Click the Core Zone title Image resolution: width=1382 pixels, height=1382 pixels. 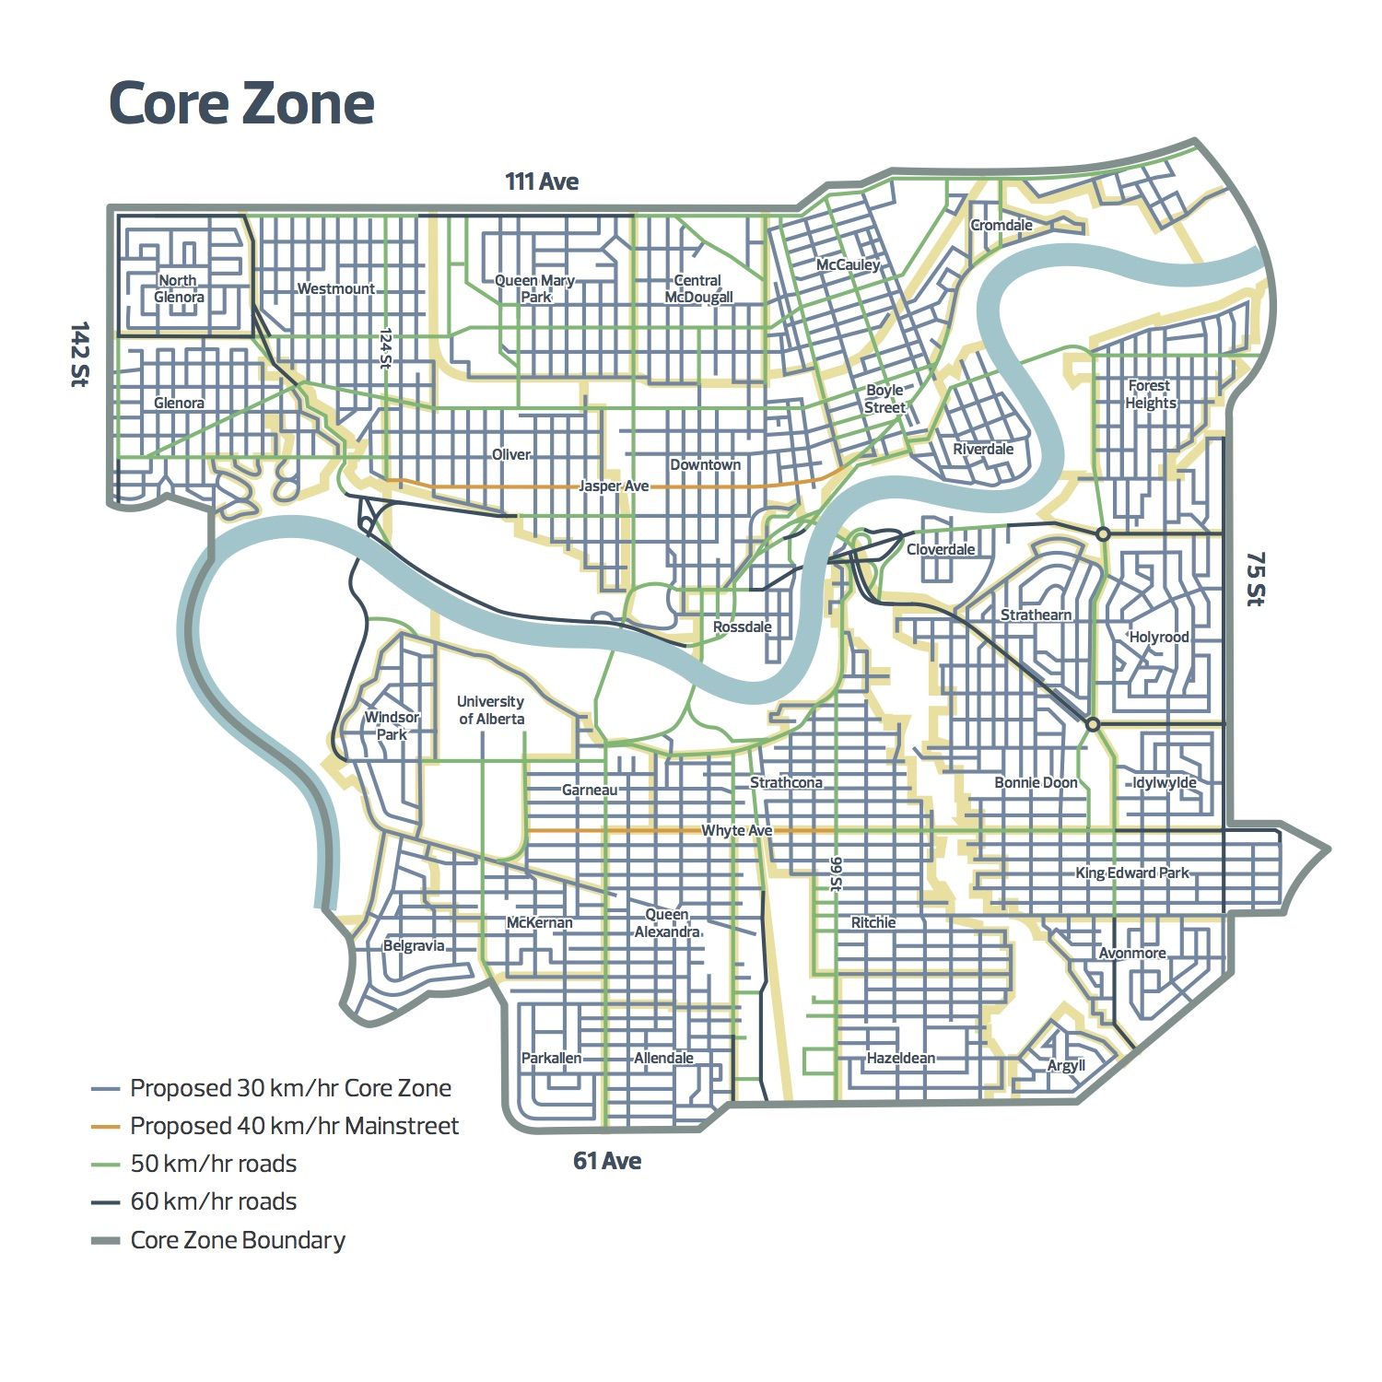(x=241, y=102)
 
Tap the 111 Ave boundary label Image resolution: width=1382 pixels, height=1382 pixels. (x=542, y=182)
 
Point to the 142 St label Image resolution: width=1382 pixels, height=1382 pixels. (x=79, y=354)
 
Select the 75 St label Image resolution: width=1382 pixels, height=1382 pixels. (x=1255, y=579)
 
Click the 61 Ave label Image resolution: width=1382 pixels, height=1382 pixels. (x=607, y=1161)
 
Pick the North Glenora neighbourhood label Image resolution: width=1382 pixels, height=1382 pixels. (x=179, y=288)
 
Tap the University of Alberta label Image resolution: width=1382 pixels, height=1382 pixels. (x=491, y=710)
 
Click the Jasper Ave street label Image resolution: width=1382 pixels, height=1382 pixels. (x=614, y=486)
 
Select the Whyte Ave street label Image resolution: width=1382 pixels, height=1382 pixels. (x=737, y=830)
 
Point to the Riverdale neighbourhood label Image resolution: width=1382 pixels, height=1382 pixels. (x=983, y=449)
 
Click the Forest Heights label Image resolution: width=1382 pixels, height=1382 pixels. (x=1150, y=394)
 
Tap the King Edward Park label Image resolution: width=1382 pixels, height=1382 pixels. (x=1132, y=873)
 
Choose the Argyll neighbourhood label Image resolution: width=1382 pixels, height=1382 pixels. (x=1066, y=1066)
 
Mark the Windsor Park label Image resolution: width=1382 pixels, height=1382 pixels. (x=392, y=726)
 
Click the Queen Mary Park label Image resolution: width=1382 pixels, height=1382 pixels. (x=535, y=288)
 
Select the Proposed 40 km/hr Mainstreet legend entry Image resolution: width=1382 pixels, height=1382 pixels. (x=294, y=1126)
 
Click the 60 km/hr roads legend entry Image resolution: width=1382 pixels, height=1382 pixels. (x=214, y=1201)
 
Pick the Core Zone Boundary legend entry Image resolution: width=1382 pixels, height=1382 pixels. (x=238, y=1240)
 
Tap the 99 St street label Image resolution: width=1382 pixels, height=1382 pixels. (x=836, y=874)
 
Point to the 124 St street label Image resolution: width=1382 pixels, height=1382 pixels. (x=386, y=349)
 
